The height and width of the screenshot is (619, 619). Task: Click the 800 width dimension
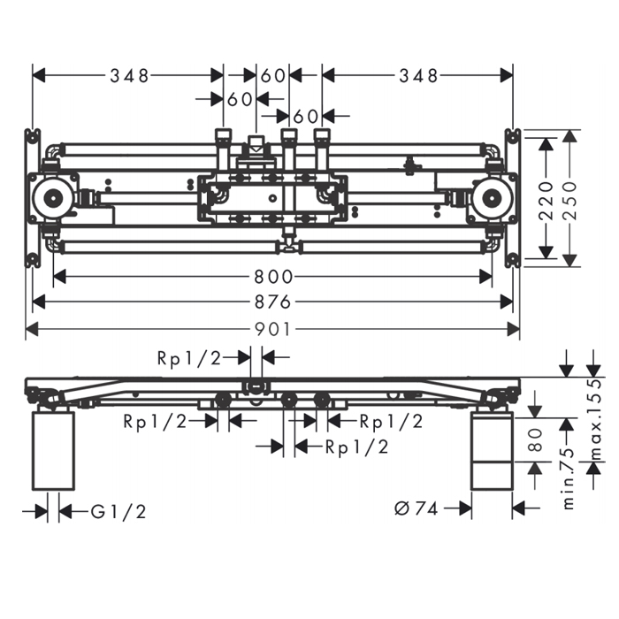[273, 277]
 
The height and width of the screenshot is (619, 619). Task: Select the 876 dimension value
[272, 302]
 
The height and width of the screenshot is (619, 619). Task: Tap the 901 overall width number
[272, 329]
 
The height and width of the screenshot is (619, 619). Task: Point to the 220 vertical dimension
[546, 201]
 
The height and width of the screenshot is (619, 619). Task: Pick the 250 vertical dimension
[569, 201]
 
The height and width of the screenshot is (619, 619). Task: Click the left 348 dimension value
[129, 76]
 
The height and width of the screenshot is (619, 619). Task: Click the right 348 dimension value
[419, 76]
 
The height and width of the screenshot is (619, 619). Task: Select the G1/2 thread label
[118, 512]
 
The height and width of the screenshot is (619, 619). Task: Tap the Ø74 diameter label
[416, 508]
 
